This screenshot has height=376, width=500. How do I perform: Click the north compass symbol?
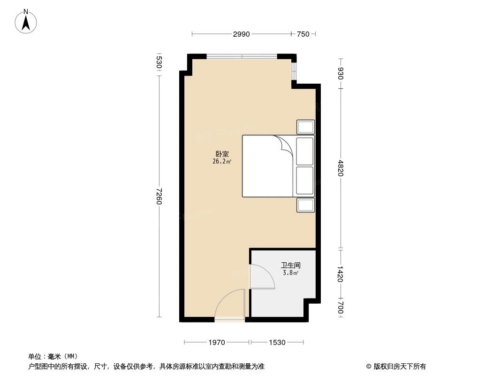(26, 21)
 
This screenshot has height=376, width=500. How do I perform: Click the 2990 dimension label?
(242, 34)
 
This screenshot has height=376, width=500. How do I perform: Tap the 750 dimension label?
(303, 34)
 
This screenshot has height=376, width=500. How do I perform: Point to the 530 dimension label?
(159, 63)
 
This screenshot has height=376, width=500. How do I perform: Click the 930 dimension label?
(341, 73)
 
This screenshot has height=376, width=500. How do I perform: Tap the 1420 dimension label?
(341, 274)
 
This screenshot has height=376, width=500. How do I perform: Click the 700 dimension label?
(341, 308)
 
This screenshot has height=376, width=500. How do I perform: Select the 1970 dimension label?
(217, 342)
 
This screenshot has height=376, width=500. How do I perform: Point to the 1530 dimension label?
(277, 342)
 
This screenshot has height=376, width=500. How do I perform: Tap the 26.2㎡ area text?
(222, 161)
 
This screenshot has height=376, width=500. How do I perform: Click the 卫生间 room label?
(291, 265)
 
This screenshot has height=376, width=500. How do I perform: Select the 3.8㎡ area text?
(291, 273)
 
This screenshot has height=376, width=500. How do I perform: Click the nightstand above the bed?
(305, 127)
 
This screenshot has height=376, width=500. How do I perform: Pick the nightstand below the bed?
(305, 205)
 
